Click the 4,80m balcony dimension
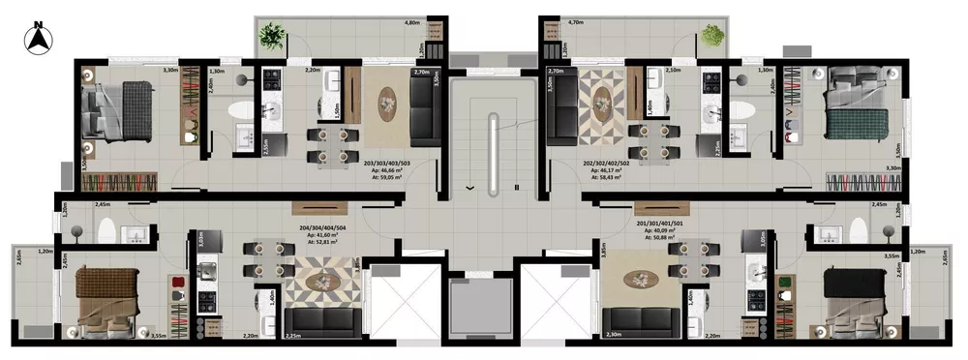411,20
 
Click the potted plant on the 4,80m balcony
272,38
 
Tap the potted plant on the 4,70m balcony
711,35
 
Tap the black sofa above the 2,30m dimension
639,319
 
